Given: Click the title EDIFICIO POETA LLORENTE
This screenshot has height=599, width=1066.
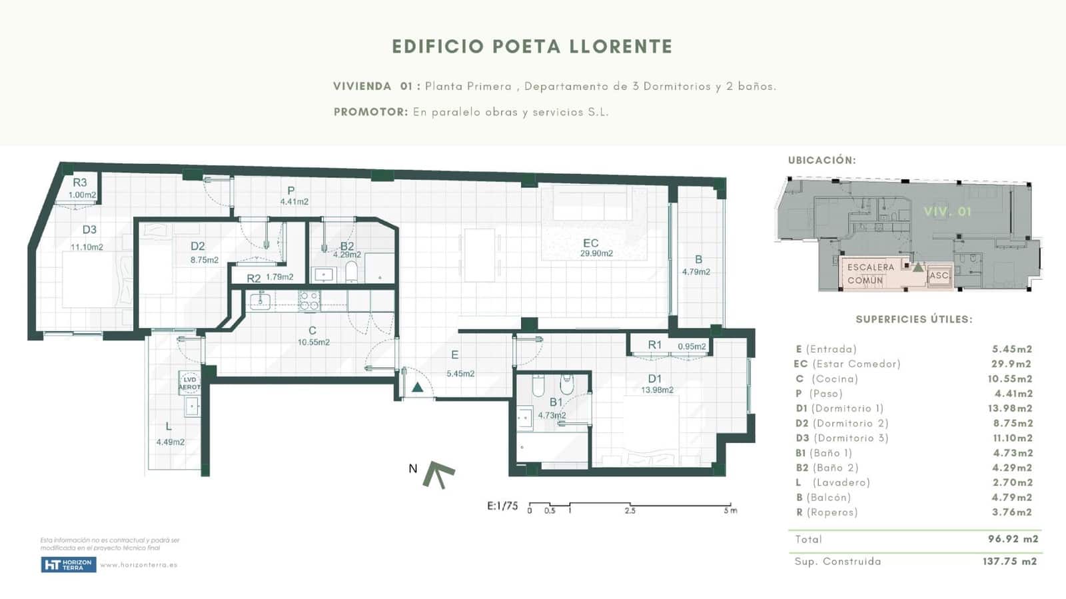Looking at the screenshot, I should pyautogui.click(x=532, y=47).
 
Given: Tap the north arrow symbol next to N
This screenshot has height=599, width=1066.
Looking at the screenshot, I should pyautogui.click(x=439, y=474).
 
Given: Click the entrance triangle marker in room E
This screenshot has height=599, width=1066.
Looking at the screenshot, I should pyautogui.click(x=417, y=387).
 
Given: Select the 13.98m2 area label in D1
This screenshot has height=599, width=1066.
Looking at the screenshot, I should pyautogui.click(x=657, y=390).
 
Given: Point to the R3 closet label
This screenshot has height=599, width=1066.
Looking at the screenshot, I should pyautogui.click(x=80, y=183).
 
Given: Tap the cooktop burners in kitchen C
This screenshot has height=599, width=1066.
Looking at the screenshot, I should pyautogui.click(x=308, y=301).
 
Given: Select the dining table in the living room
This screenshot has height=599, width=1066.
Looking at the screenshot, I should pyautogui.click(x=480, y=255).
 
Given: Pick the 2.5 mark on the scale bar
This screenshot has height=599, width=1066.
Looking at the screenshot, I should pyautogui.click(x=630, y=510).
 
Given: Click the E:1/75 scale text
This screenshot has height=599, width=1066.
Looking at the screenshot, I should pyautogui.click(x=502, y=506).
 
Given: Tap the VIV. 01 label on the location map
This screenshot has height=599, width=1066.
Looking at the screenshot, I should pyautogui.click(x=947, y=211).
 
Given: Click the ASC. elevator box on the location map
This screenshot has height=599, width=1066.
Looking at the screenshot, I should pyautogui.click(x=939, y=275).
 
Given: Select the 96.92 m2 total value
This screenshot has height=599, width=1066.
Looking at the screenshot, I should pyautogui.click(x=1013, y=539).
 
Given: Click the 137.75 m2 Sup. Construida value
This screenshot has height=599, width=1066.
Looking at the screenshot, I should pyautogui.click(x=1009, y=561).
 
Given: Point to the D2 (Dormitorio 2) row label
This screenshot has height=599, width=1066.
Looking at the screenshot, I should pyautogui.click(x=841, y=423).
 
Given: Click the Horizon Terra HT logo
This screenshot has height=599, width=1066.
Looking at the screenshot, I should pyautogui.click(x=68, y=565).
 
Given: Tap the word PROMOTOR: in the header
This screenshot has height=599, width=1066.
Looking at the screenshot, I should pyautogui.click(x=370, y=112).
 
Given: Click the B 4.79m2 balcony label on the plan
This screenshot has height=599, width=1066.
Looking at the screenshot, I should pyautogui.click(x=697, y=265).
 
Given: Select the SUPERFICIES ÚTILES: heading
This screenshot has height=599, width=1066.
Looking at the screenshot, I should pyautogui.click(x=913, y=319).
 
